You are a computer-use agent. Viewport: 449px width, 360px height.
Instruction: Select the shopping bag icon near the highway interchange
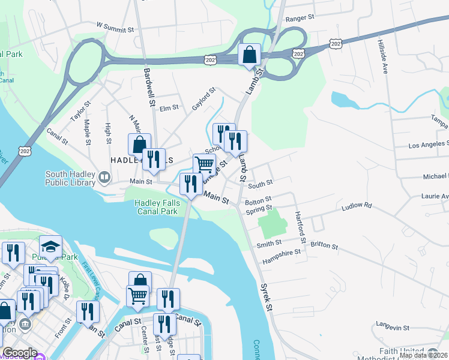pyautogui.click(x=249, y=55)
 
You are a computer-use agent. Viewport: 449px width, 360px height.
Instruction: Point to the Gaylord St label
pyautogui.click(x=203, y=99)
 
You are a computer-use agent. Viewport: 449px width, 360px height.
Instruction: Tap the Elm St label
pyautogui.click(x=169, y=108)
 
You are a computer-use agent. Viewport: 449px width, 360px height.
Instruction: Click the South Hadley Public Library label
pyautogui.click(x=70, y=179)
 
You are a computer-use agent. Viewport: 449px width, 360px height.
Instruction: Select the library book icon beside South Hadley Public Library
pyautogui.click(x=105, y=177)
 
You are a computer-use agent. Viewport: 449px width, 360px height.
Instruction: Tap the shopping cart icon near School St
pyautogui.click(x=204, y=164)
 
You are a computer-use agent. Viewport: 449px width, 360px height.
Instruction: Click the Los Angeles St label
pyautogui.click(x=428, y=145)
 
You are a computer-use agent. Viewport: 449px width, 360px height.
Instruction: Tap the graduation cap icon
pyautogui.click(x=51, y=246)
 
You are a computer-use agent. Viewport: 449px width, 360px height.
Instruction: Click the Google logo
pyautogui.click(x=20, y=353)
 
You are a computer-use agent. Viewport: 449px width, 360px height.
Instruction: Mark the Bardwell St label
pyautogui.click(x=148, y=84)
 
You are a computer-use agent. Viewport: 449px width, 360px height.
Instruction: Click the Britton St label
pyautogui.click(x=324, y=247)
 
